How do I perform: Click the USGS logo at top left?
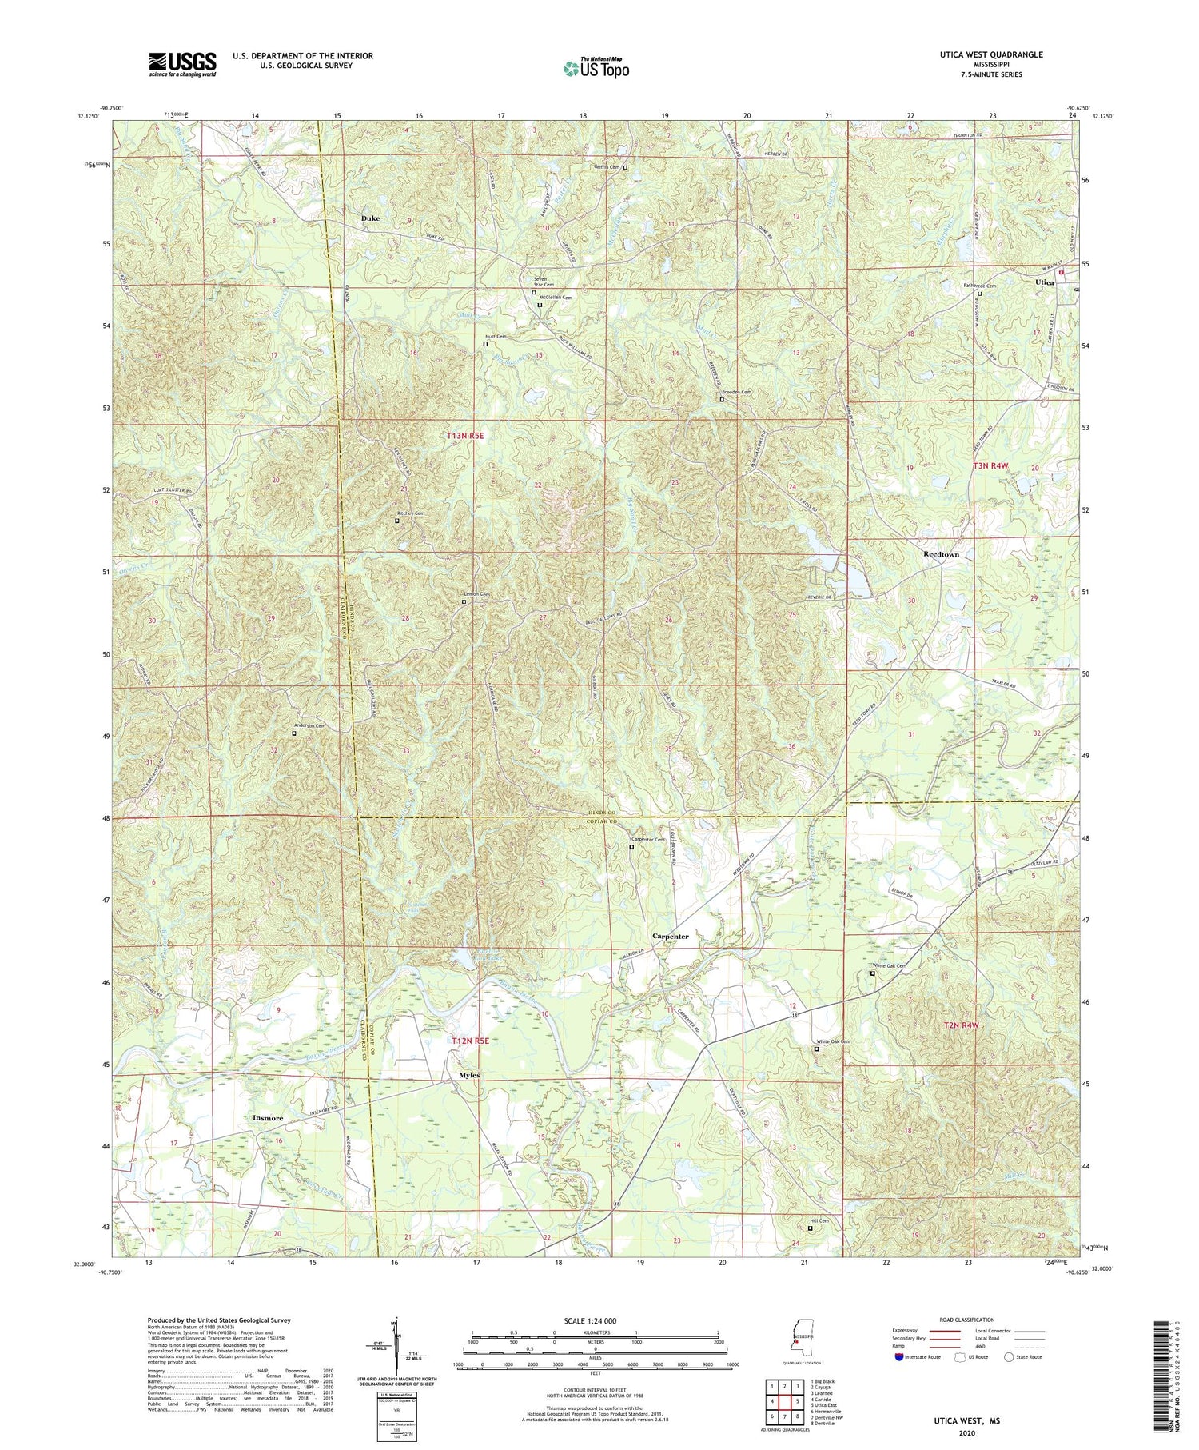pyautogui.click(x=182, y=64)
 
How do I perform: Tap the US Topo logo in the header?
pyautogui.click(x=596, y=68)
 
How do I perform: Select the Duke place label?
pyautogui.click(x=370, y=218)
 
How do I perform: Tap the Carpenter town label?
pyautogui.click(x=670, y=936)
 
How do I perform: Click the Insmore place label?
pyautogui.click(x=268, y=1117)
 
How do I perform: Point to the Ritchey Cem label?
pyautogui.click(x=411, y=513)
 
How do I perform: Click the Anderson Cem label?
pyautogui.click(x=309, y=725)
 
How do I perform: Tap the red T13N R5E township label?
pyautogui.click(x=465, y=436)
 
